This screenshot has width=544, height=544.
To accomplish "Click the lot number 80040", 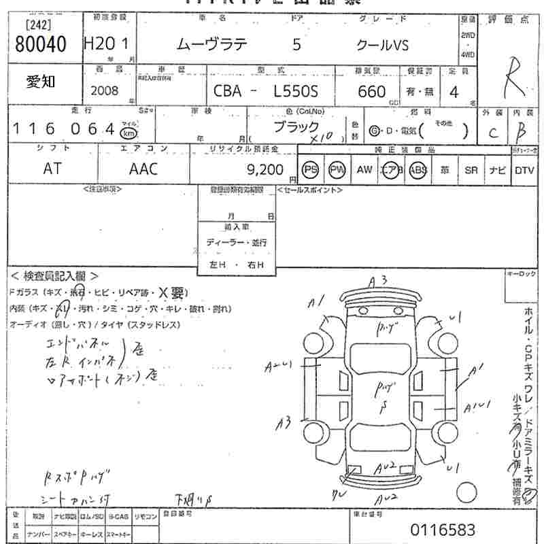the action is (41, 46).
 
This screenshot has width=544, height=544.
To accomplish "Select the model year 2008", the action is (104, 90).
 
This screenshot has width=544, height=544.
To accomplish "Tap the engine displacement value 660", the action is (371, 91).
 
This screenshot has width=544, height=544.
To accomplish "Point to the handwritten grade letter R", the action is (511, 82).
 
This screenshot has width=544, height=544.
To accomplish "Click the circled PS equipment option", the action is (311, 170).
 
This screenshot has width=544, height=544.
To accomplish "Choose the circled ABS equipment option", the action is (418, 170).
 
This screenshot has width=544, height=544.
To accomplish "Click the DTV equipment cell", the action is (524, 170).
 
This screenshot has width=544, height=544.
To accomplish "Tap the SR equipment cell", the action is (471, 170).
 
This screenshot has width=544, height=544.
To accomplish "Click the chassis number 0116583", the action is (443, 529).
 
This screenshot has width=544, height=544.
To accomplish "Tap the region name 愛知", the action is (41, 82).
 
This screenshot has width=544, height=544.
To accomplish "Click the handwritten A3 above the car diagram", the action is (378, 279).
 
